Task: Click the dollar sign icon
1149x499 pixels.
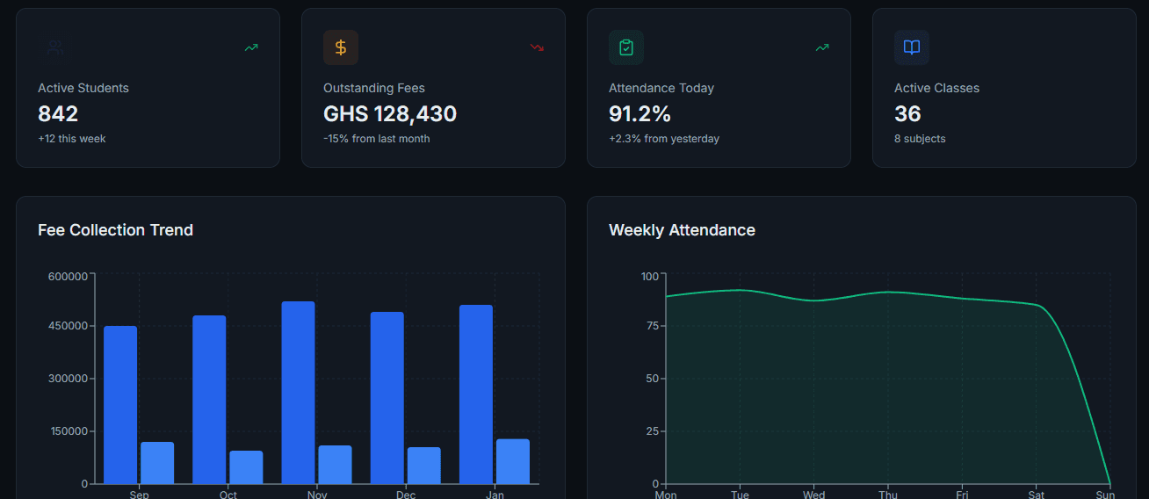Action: (x=341, y=47)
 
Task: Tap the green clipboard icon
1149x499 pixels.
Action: (x=625, y=47)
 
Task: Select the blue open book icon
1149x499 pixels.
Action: (x=912, y=47)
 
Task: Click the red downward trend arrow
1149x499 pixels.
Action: (x=537, y=47)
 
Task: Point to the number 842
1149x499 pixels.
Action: (x=58, y=114)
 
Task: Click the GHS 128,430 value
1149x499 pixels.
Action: (x=390, y=114)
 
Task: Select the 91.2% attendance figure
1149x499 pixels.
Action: (x=640, y=114)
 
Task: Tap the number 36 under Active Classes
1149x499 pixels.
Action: (x=907, y=114)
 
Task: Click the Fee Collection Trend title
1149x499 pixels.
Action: (x=115, y=230)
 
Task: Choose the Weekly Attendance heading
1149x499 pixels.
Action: (x=682, y=230)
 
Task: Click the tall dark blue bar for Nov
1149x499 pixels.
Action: (x=298, y=393)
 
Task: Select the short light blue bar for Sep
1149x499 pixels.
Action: (x=157, y=463)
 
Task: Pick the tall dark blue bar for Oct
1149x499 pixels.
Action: (x=209, y=400)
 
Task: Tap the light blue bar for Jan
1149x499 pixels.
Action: (x=513, y=461)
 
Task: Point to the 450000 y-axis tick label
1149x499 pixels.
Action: (x=68, y=326)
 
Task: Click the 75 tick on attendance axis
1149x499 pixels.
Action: (x=653, y=326)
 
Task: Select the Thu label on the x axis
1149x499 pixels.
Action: (x=888, y=495)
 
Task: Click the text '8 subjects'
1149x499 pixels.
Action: (x=920, y=139)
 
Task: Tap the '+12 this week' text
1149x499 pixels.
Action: (x=72, y=139)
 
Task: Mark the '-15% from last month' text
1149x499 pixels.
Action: (x=377, y=139)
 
